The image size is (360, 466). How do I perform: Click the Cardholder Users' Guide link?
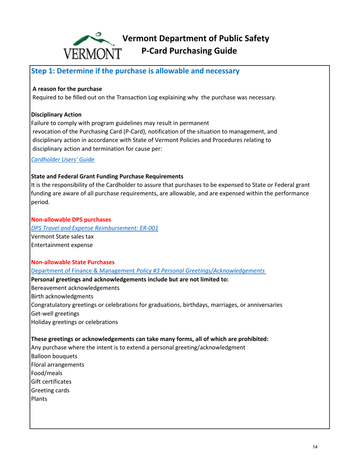coord(63,160)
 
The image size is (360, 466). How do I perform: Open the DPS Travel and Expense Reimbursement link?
coord(94,228)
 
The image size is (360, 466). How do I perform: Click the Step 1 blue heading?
coord(135,71)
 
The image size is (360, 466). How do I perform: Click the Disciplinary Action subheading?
coord(56,114)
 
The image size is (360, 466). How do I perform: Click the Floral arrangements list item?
coord(57,364)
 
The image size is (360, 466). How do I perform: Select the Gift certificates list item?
coord(51,382)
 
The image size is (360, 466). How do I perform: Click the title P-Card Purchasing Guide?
coord(189,51)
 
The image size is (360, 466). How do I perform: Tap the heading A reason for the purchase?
coord(67,89)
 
